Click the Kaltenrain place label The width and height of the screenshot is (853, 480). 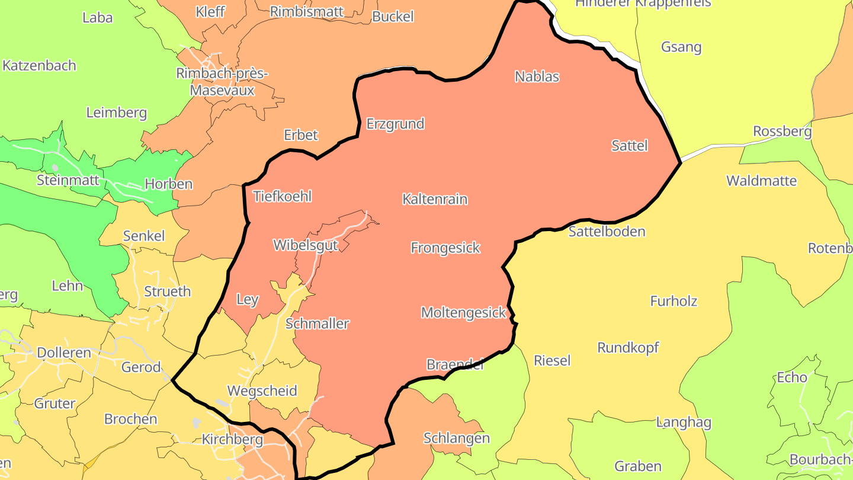(435, 199)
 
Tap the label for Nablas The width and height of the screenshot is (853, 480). (537, 76)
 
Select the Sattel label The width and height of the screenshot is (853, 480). (629, 146)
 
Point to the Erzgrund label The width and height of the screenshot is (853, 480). (395, 124)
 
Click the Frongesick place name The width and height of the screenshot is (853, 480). (445, 248)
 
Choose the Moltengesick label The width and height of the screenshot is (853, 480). (463, 312)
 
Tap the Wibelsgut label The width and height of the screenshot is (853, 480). (305, 245)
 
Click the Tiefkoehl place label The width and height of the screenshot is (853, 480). (282, 196)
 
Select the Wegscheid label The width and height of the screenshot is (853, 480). (262, 391)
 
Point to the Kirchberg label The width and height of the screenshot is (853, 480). (232, 440)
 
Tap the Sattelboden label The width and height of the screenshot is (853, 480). (607, 231)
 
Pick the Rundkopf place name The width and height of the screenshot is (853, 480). (628, 348)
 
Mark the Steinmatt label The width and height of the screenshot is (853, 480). (68, 180)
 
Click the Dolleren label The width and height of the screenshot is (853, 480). (64, 353)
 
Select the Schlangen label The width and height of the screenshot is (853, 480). (456, 439)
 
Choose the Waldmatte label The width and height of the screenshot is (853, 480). (761, 181)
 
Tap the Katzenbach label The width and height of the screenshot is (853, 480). (39, 66)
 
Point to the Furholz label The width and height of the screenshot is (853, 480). (674, 301)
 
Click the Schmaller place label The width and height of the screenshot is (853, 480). (317, 324)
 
